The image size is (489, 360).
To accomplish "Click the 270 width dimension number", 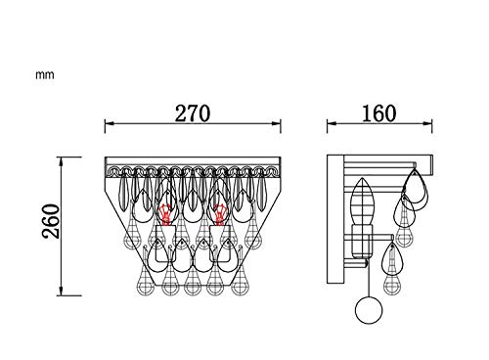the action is [x=193, y=113].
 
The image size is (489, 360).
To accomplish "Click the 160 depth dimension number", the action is [x=379, y=113].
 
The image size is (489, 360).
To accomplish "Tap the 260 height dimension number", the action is [x=52, y=221].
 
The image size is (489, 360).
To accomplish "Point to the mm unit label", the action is [x=45, y=75].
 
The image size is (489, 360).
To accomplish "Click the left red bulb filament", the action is [x=165, y=214].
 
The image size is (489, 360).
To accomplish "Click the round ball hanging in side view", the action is [x=369, y=310].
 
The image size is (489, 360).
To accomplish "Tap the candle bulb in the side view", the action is [x=363, y=202].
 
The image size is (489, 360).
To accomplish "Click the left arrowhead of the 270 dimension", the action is [x=109, y=123].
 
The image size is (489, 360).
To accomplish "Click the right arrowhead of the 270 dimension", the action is [x=277, y=123].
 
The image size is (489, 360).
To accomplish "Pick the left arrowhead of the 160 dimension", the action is [x=332, y=123].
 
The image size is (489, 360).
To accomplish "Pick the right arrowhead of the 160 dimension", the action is [x=427, y=123].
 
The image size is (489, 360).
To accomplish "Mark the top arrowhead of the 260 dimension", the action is [x=61, y=161].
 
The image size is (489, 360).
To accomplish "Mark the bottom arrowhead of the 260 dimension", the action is [x=61, y=292].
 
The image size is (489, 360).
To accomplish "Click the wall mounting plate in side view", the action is [x=335, y=219].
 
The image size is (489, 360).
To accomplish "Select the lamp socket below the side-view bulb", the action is [x=362, y=242].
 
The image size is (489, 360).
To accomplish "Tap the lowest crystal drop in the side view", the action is [x=392, y=285].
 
